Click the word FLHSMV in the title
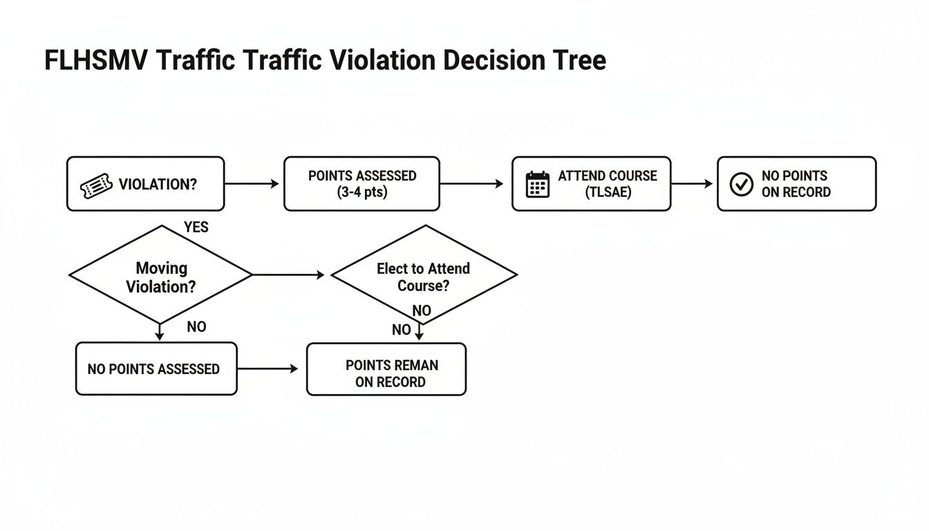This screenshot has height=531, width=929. coord(96,61)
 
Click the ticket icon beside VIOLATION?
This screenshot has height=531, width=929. coord(96,185)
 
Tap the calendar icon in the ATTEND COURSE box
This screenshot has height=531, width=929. coord(537,185)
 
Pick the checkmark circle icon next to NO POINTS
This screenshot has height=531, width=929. coord(742,184)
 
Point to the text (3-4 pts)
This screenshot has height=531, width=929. coord(362,192)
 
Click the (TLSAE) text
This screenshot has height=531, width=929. coord(608,192)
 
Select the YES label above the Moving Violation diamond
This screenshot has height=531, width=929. coord(196,227)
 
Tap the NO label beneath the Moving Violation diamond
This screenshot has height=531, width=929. coord(196,327)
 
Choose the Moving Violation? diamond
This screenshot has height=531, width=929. coord(160,275)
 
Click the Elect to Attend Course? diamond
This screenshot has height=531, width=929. coord(424,275)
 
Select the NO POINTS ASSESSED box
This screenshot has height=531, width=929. coord(156,369)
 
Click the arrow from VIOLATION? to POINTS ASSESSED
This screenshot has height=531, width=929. coord(252,184)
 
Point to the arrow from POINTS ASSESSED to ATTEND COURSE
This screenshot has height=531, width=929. coord(472,184)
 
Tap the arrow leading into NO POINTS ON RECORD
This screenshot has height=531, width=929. coord(692,184)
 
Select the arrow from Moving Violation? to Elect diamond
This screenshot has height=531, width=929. coord(288,275)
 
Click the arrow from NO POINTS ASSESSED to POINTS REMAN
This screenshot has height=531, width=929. coord(268,369)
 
